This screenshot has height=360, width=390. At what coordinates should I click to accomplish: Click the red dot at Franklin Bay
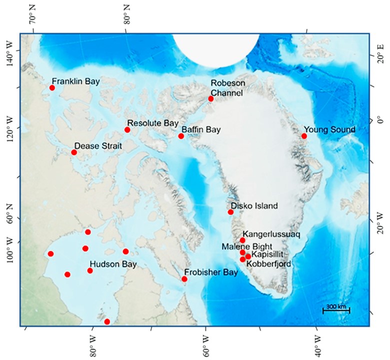pos(52,88)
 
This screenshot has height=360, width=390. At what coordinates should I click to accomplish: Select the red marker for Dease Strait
pos(74,152)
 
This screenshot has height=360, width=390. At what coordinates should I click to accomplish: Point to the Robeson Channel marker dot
pos(211,98)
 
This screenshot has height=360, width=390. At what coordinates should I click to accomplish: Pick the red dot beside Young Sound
pos(304,136)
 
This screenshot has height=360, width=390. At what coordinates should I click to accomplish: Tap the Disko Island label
pos(254,205)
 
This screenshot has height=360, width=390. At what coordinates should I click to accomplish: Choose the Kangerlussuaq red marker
pos(242,240)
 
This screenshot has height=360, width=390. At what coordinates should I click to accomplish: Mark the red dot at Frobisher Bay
pos(184,279)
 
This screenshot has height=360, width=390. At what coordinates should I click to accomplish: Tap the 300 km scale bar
pos(336,309)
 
